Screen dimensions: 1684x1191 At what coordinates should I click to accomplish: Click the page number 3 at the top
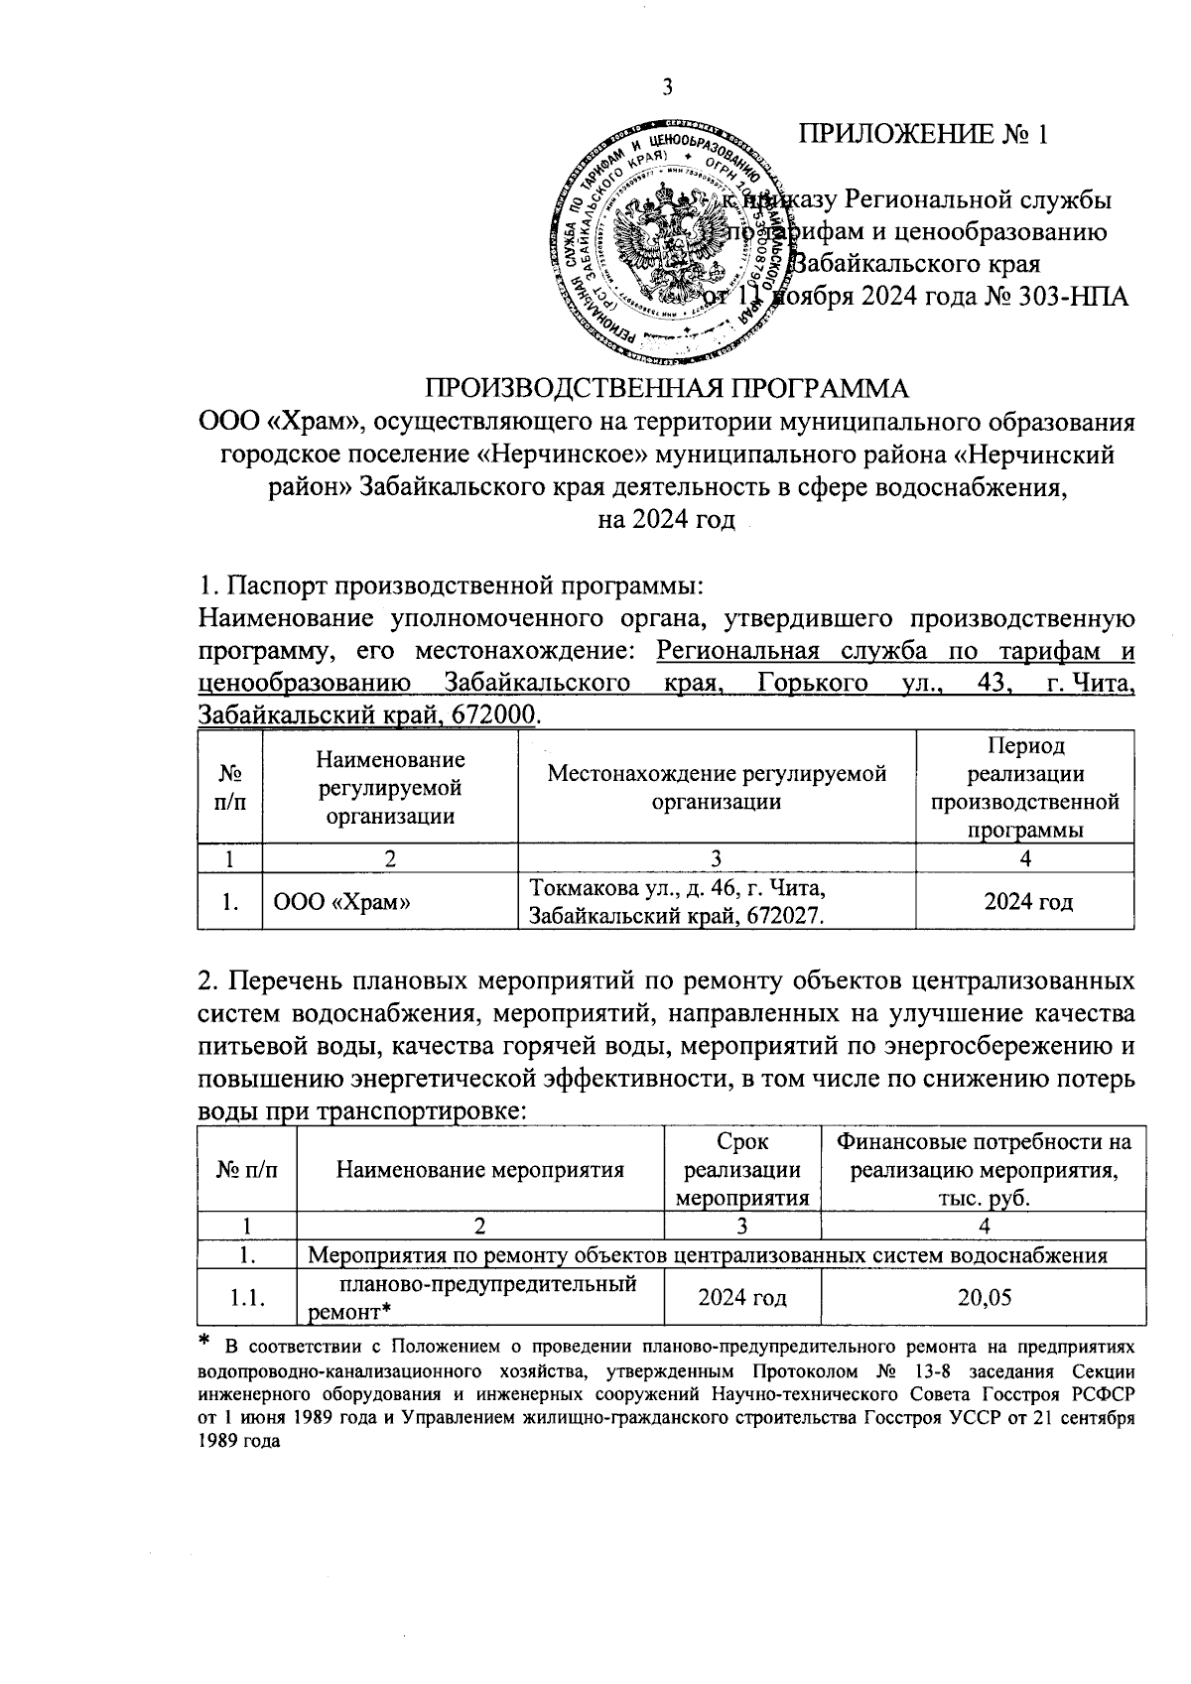[x=667, y=88]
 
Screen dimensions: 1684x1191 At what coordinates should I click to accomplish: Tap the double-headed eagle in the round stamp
[x=667, y=238]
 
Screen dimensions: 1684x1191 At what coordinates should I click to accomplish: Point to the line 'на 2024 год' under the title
[x=667, y=520]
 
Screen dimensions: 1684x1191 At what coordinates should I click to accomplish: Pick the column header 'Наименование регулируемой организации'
[x=390, y=788]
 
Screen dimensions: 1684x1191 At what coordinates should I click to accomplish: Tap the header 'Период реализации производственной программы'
[x=1025, y=788]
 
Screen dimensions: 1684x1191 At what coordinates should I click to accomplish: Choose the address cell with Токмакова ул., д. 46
[x=676, y=901]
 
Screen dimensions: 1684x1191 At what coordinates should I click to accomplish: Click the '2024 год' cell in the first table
[x=1025, y=902]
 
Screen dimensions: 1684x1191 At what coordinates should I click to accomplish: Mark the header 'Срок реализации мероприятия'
[x=742, y=1169]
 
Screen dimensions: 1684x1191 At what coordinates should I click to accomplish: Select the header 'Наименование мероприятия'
[x=480, y=1169]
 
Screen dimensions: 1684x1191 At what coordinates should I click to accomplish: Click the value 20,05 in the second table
[x=985, y=1297]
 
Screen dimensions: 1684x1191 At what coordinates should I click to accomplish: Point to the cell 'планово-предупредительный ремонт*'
[x=480, y=1298]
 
